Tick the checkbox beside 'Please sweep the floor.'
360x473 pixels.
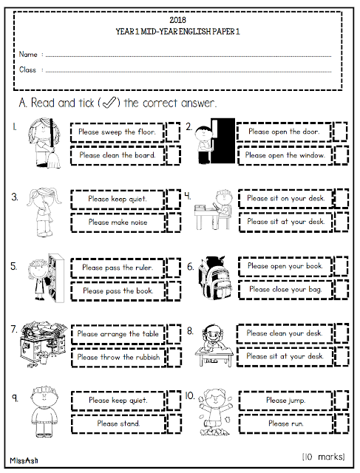[x=173, y=132]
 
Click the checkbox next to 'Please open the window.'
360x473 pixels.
[x=342, y=155]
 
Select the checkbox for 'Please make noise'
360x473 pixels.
[x=174, y=222]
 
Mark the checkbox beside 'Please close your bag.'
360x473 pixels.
[x=342, y=289]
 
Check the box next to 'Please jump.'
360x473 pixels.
[x=342, y=400]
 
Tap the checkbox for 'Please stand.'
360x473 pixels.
[x=174, y=423]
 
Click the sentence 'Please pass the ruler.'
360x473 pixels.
[x=118, y=268]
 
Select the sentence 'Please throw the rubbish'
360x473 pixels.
[x=118, y=357]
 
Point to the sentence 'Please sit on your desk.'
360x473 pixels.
[x=286, y=198]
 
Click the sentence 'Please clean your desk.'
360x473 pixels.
[x=285, y=333]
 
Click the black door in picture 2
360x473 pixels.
[x=223, y=140]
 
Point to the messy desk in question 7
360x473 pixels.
[x=43, y=344]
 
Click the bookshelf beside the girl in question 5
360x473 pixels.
[x=56, y=278]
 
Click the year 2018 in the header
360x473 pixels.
[x=177, y=20]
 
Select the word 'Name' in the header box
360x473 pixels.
[x=28, y=54]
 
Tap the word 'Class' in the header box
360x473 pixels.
[x=27, y=69]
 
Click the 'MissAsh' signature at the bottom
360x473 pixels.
[x=24, y=460]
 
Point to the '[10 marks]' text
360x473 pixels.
[x=324, y=457]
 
